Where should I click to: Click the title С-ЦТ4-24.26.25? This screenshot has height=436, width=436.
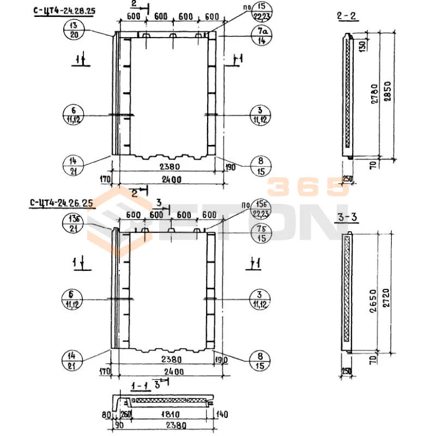click(62, 203)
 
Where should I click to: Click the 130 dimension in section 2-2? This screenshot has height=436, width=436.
click(362, 45)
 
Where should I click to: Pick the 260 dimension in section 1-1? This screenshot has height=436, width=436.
click(126, 414)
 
